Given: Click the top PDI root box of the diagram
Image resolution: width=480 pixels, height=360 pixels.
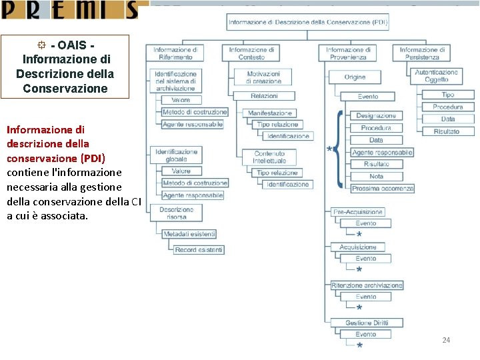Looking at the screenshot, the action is click(308, 22).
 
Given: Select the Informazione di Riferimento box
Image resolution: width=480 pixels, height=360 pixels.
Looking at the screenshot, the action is click(175, 53).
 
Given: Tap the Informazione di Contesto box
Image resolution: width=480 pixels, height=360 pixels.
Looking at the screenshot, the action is click(252, 53).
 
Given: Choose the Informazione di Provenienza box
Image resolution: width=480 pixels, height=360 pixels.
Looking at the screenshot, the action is click(348, 53).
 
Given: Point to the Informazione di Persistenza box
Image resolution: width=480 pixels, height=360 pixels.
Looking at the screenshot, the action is click(422, 53).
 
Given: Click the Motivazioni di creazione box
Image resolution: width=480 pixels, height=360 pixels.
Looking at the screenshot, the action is click(263, 77).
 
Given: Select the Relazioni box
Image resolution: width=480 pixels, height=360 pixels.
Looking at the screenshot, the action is click(264, 96).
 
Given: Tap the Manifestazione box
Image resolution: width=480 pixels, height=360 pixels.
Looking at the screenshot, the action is click(270, 113).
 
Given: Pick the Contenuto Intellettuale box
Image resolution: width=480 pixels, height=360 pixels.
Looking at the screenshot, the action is click(269, 157).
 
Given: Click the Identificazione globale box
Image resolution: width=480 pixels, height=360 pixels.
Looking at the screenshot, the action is click(176, 155).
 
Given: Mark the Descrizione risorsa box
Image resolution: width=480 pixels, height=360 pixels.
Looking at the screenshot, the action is click(176, 213).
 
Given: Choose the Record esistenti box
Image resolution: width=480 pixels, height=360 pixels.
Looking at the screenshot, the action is click(199, 250).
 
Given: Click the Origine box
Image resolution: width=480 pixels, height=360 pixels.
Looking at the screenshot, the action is click(355, 77).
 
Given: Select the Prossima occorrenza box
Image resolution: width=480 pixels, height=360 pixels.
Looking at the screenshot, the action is click(383, 189).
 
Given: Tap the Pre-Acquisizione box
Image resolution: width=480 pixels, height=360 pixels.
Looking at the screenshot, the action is click(357, 212).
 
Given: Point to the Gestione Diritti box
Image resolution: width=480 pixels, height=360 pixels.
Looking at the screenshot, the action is click(367, 323).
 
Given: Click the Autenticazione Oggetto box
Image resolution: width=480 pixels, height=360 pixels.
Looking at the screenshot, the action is click(437, 76).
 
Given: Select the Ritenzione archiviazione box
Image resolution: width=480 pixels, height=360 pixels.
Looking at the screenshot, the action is click(367, 285).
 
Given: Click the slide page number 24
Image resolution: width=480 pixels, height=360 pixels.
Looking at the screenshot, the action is click(446, 341).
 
